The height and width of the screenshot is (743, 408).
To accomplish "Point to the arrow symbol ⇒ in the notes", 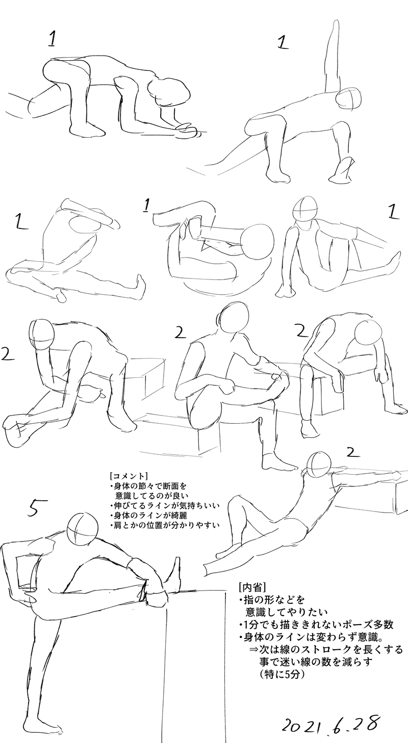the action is [254, 640].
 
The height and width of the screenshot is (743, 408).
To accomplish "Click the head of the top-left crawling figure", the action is [168, 93].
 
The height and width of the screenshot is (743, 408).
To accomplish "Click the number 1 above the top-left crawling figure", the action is [53, 39].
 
